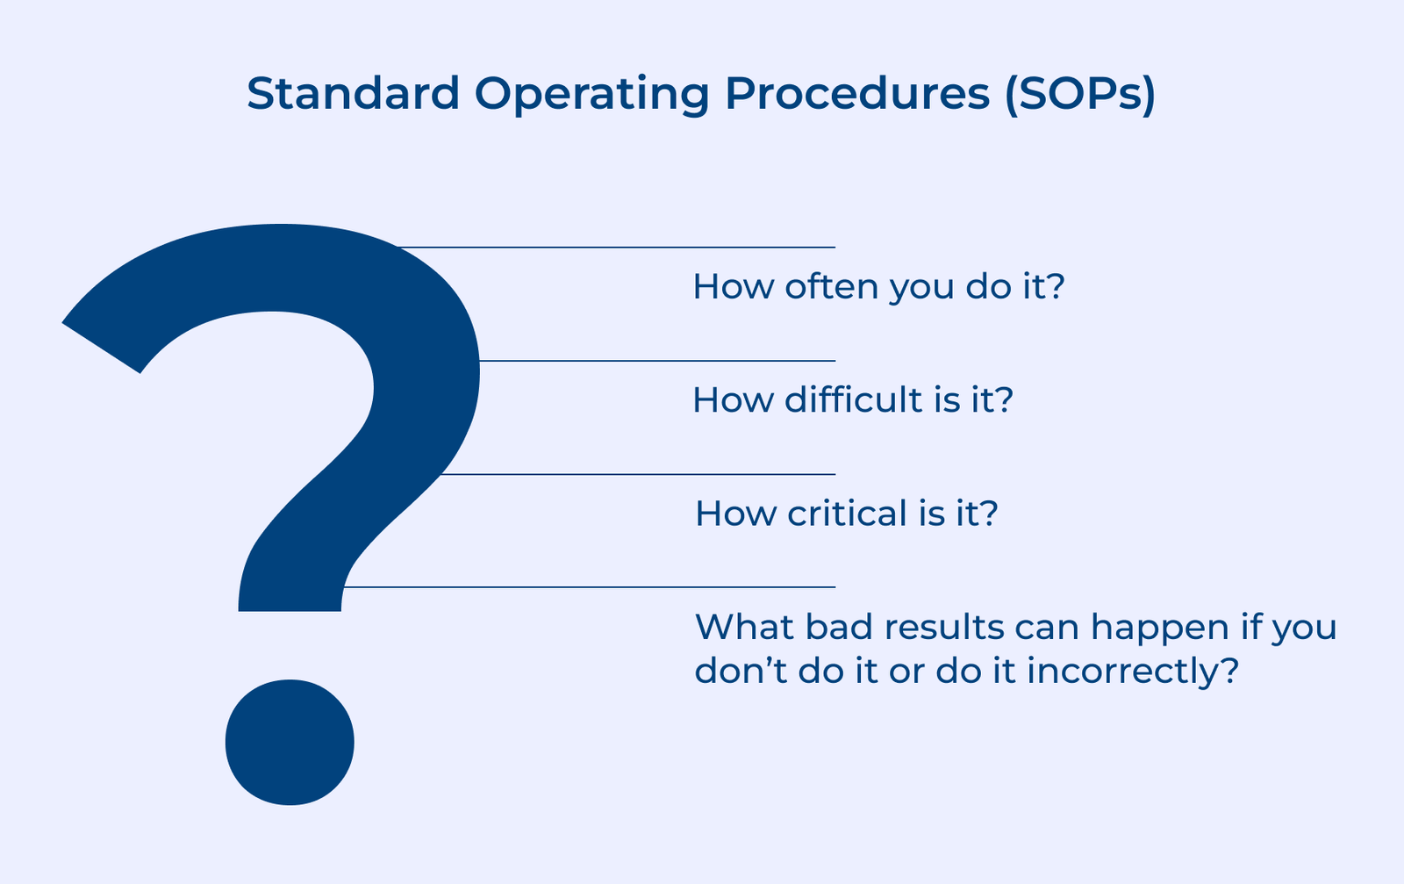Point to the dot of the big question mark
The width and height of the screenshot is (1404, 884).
coord(290,742)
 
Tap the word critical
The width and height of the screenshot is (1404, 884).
coord(847,513)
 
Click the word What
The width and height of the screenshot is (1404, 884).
coord(738,627)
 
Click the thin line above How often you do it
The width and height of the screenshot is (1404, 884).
coord(614,248)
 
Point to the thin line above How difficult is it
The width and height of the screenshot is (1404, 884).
coord(658,361)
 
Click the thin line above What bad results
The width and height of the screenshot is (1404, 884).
coord(588,586)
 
